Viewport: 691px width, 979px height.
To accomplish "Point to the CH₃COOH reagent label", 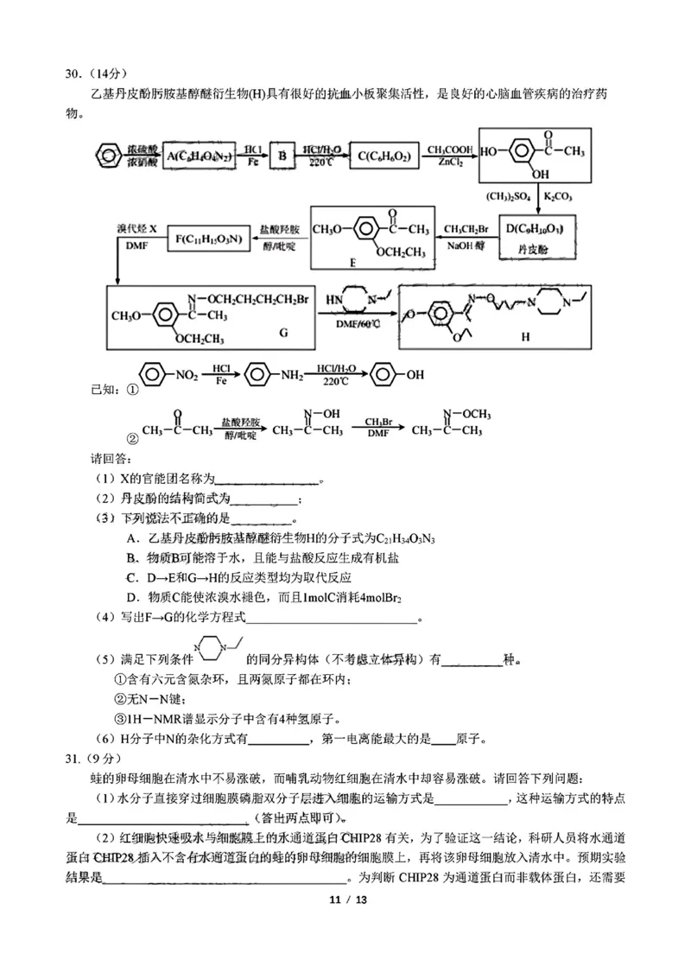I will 448,149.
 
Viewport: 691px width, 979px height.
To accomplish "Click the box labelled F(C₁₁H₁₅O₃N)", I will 208,236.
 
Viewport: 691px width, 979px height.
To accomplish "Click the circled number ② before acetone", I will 132,436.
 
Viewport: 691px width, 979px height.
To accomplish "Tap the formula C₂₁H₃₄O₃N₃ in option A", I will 401,539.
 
